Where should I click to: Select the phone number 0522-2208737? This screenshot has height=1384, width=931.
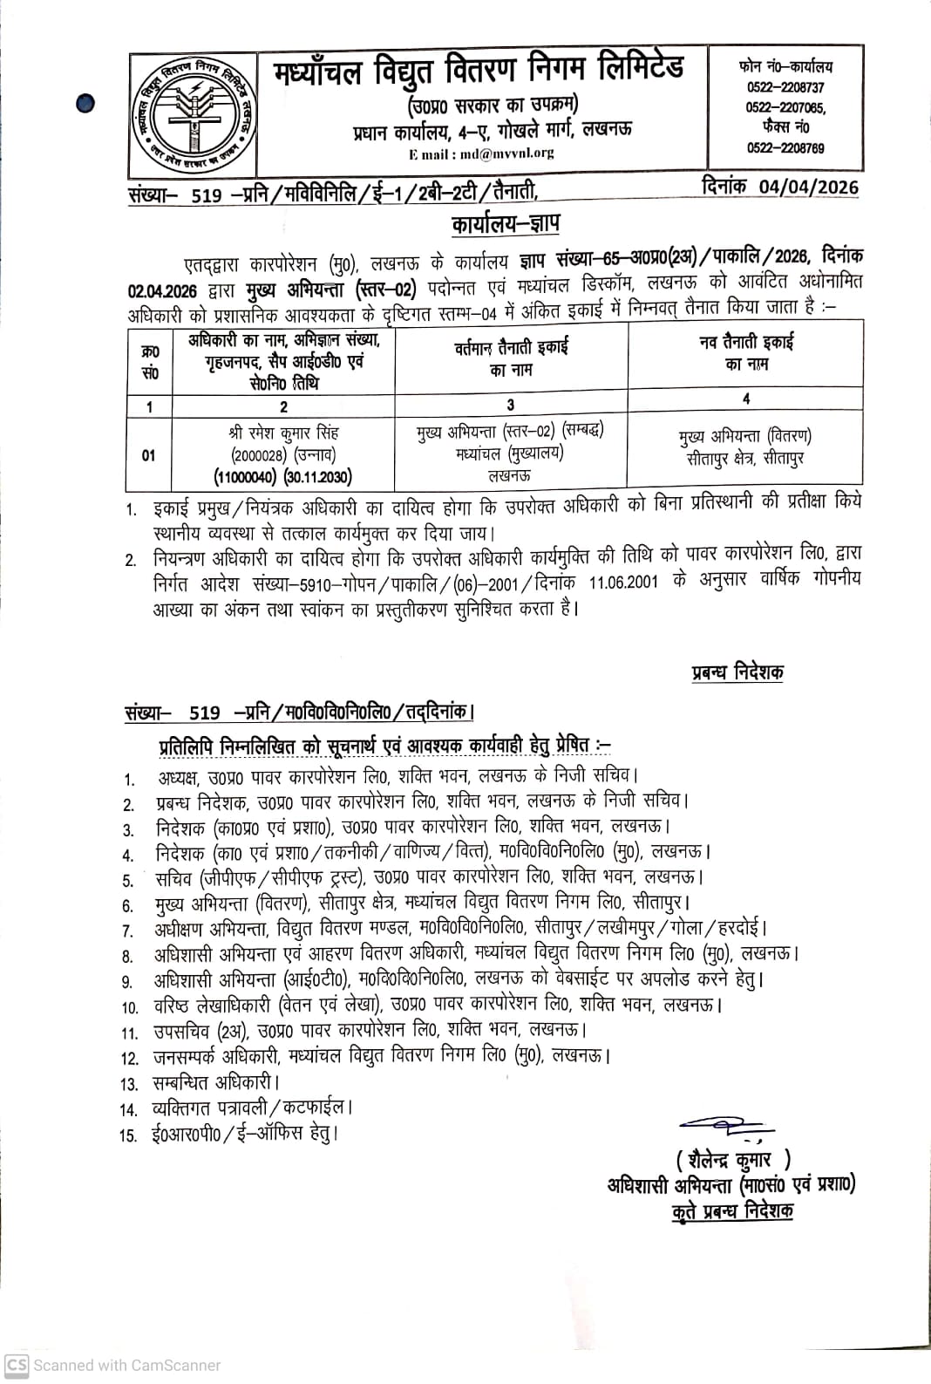[x=785, y=87]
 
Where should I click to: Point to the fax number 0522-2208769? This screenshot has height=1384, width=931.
[x=785, y=148]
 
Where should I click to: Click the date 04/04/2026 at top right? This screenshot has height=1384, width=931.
[x=808, y=187]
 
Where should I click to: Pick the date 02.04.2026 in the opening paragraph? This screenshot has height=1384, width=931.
[x=162, y=290]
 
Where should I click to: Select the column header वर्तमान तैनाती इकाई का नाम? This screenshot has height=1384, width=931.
[x=511, y=358]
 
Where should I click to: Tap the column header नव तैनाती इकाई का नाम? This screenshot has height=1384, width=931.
[x=745, y=352]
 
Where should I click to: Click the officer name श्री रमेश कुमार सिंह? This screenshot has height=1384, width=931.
[x=283, y=433]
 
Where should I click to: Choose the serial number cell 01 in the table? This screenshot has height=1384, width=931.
[x=149, y=455]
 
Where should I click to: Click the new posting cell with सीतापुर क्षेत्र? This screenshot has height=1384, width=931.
[x=745, y=447]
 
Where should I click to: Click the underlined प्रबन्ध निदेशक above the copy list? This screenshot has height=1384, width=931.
[x=737, y=672]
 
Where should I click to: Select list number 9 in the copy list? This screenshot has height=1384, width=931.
[x=127, y=982]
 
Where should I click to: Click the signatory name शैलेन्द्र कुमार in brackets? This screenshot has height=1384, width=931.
[x=732, y=1159]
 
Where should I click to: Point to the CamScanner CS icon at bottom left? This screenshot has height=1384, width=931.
[x=17, y=1365]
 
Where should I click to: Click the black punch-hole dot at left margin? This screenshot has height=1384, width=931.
[x=85, y=104]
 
